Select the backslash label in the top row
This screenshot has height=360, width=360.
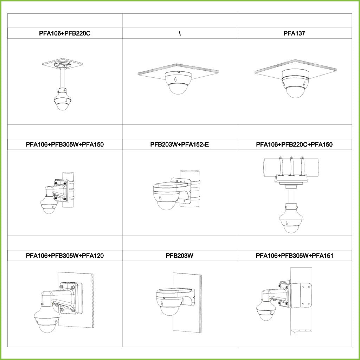pos(180,33)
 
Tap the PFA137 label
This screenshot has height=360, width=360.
pos(294,33)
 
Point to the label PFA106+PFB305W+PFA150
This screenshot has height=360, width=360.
pos(65,144)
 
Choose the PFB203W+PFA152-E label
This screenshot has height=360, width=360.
pos(180,144)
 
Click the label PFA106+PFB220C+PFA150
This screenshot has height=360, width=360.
pos(294,144)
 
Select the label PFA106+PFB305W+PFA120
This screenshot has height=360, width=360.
pos(65,256)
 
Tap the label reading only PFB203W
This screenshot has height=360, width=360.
pos(180,256)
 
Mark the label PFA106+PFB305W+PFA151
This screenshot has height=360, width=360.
pos(294,256)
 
